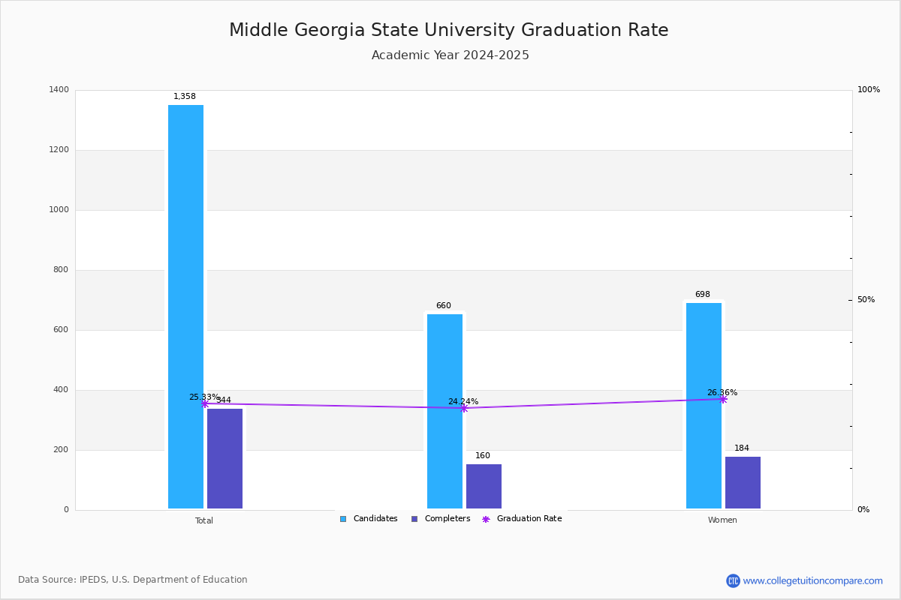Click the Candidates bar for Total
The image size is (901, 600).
[x=185, y=307]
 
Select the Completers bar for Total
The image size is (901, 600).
[x=224, y=458]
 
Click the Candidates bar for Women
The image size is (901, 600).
[x=704, y=406]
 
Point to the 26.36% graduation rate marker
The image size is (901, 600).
[x=723, y=399]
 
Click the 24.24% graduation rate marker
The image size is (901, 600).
[x=464, y=408]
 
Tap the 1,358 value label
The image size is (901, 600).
[x=185, y=97]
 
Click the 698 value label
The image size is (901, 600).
[x=702, y=295]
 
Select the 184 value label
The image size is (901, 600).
[x=742, y=448]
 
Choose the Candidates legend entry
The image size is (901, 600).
[x=369, y=519]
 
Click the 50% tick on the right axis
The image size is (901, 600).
[x=866, y=300]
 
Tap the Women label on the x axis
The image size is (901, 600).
[x=722, y=520]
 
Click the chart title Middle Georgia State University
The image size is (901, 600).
[x=448, y=31]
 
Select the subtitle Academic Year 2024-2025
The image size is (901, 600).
[x=450, y=55]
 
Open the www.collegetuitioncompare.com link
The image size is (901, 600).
[x=812, y=580]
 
